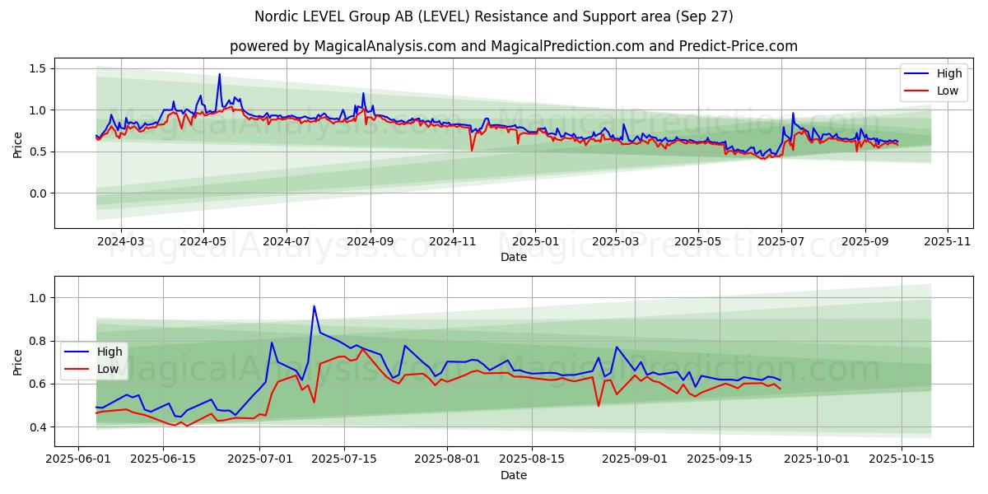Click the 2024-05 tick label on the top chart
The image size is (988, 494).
(x=203, y=242)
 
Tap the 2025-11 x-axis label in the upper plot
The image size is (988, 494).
(x=948, y=242)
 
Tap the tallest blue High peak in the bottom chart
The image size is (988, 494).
(x=314, y=306)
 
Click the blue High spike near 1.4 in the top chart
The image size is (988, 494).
(x=219, y=75)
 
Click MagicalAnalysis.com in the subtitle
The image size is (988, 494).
(x=385, y=46)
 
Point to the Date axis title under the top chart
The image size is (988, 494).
(x=513, y=257)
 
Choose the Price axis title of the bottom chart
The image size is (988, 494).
(x=18, y=361)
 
